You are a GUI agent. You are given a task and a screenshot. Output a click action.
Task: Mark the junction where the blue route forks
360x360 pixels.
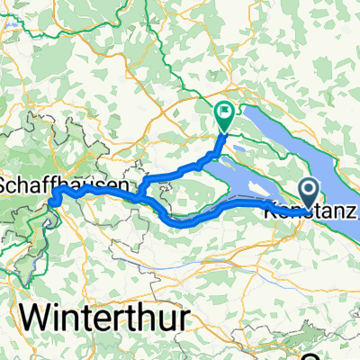coord(139,191)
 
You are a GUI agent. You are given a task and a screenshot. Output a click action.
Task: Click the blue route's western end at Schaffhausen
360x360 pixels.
coord(52,200)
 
